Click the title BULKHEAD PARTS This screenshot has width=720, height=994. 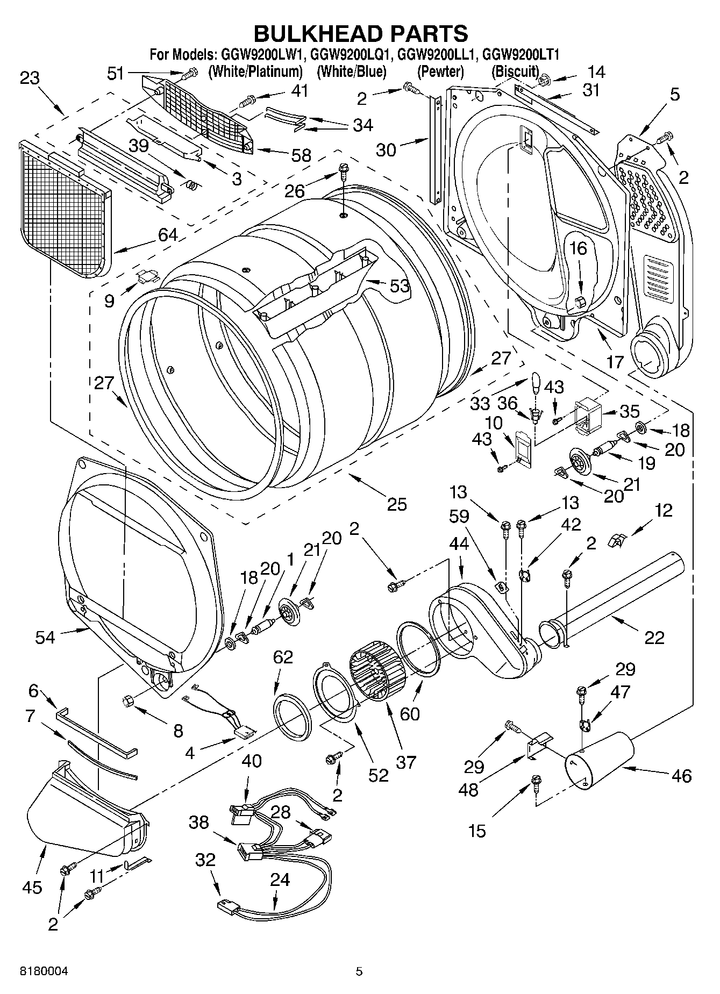[x=360, y=33]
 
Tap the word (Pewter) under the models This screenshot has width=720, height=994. [x=440, y=71]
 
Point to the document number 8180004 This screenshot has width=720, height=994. [x=45, y=971]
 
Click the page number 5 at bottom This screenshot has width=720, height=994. [x=359, y=971]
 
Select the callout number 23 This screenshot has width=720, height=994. [x=30, y=78]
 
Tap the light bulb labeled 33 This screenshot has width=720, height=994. [x=535, y=383]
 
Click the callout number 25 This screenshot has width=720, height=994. [x=396, y=504]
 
